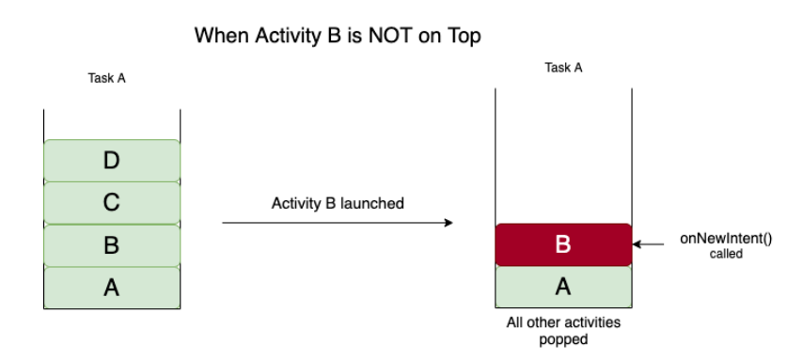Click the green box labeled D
point(112,161)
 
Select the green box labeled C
point(112,203)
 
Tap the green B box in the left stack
point(112,245)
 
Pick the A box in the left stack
point(112,288)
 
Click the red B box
point(563,244)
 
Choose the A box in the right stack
point(563,287)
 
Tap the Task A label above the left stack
point(106,78)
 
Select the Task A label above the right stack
point(563,68)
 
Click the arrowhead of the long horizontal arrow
point(449,223)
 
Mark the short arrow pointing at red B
point(648,244)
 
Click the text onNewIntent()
point(726,239)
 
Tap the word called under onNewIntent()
point(726,254)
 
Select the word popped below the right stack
point(563,340)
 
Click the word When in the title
point(222,36)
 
